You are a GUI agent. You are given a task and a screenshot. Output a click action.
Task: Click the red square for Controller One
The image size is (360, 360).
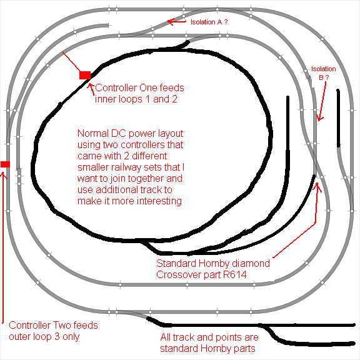[x=85, y=75]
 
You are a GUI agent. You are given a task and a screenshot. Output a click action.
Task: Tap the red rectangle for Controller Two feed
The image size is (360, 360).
[x=5, y=164]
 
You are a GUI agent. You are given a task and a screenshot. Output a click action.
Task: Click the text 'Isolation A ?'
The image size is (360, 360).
[x=209, y=22]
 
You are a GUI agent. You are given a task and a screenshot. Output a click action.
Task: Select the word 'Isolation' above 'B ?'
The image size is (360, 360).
[x=323, y=69]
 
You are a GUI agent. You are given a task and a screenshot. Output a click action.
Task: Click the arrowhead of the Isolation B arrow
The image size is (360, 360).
[x=319, y=118]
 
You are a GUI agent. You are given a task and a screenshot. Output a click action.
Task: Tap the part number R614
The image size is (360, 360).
[x=235, y=274]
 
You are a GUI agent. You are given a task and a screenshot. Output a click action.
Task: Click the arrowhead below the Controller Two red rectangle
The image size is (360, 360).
[x=4, y=175]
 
